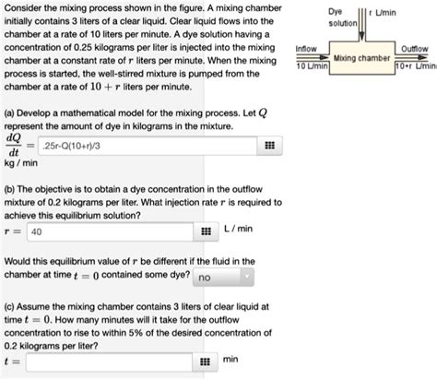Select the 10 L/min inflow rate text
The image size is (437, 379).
point(307,67)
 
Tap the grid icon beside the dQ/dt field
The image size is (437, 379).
point(269,147)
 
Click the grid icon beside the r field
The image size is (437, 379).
point(205,231)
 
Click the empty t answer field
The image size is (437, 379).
point(110,361)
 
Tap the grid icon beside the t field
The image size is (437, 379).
point(205,361)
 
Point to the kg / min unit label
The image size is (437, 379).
point(19,162)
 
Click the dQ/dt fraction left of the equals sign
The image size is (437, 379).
point(14,146)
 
